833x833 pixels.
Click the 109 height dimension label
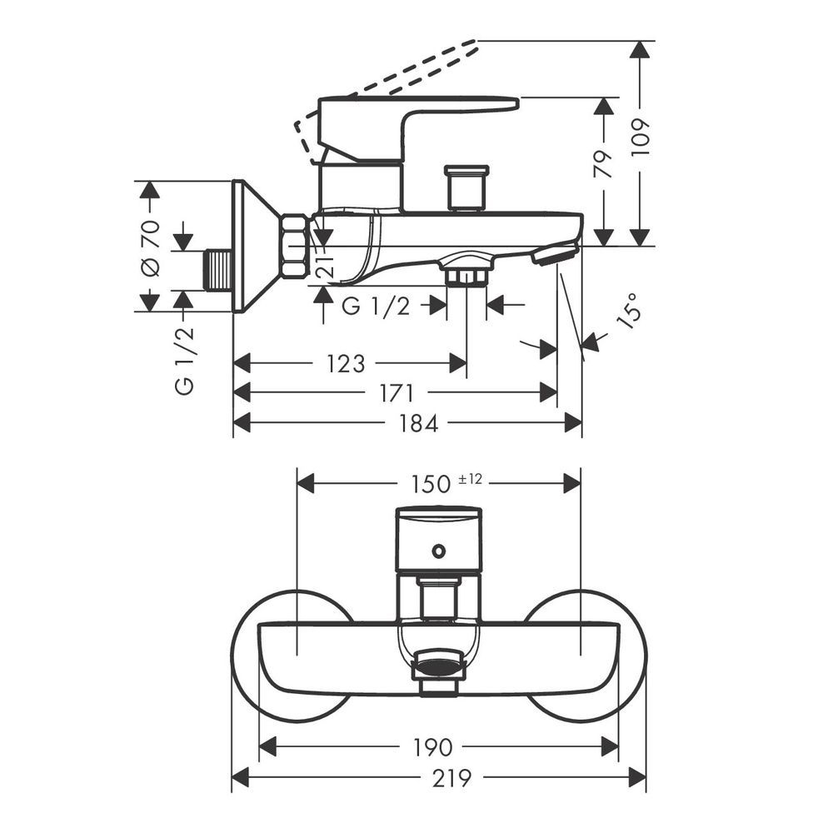(641, 137)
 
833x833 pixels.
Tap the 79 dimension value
(604, 164)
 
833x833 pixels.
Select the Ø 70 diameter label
(150, 248)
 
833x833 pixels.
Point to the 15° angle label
(629, 312)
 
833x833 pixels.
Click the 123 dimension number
(346, 364)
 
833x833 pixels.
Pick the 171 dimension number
(397, 394)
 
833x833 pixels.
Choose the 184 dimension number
(419, 424)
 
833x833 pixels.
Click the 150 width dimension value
(431, 484)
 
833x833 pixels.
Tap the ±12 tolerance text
(470, 479)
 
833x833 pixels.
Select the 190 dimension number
(433, 747)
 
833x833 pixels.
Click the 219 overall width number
(451, 778)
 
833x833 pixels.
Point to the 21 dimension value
(325, 264)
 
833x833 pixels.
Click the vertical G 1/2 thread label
(184, 361)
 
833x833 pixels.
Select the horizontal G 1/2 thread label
(377, 307)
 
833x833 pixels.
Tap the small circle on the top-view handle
(438, 551)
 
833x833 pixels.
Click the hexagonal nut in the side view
(295, 246)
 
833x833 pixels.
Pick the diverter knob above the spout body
(467, 187)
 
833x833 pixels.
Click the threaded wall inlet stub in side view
(218, 271)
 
